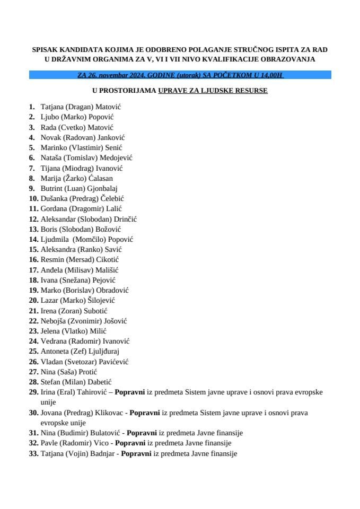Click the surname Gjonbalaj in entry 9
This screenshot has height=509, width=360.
(x=102, y=188)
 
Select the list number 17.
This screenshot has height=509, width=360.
(x=33, y=270)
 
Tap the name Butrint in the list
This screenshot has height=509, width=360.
(x=51, y=188)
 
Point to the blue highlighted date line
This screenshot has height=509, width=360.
(x=180, y=76)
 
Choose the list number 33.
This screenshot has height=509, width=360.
(x=33, y=453)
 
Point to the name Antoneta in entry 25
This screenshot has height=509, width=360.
(x=56, y=352)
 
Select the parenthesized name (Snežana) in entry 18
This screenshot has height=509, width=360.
(x=77, y=280)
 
